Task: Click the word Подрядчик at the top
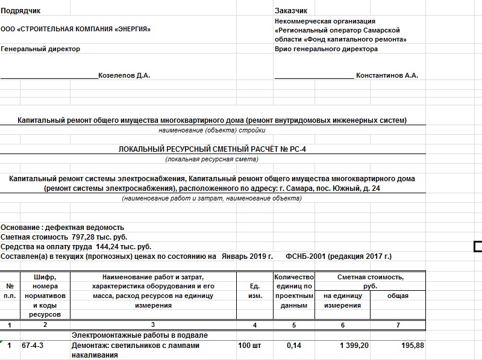click(x=20, y=11)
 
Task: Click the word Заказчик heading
click(x=291, y=11)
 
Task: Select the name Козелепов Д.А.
click(x=124, y=75)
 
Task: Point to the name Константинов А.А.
click(x=387, y=75)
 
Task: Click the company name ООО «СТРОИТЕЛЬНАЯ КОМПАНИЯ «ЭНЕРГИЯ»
click(x=76, y=29)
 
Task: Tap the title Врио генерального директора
click(x=326, y=49)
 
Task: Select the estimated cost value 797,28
click(x=83, y=237)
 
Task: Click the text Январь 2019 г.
click(x=246, y=256)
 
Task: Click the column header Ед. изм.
click(x=254, y=291)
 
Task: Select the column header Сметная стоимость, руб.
click(x=370, y=282)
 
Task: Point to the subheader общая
click(x=397, y=296)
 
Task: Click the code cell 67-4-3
click(x=33, y=346)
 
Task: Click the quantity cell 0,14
click(x=293, y=346)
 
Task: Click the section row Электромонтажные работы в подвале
click(x=140, y=335)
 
